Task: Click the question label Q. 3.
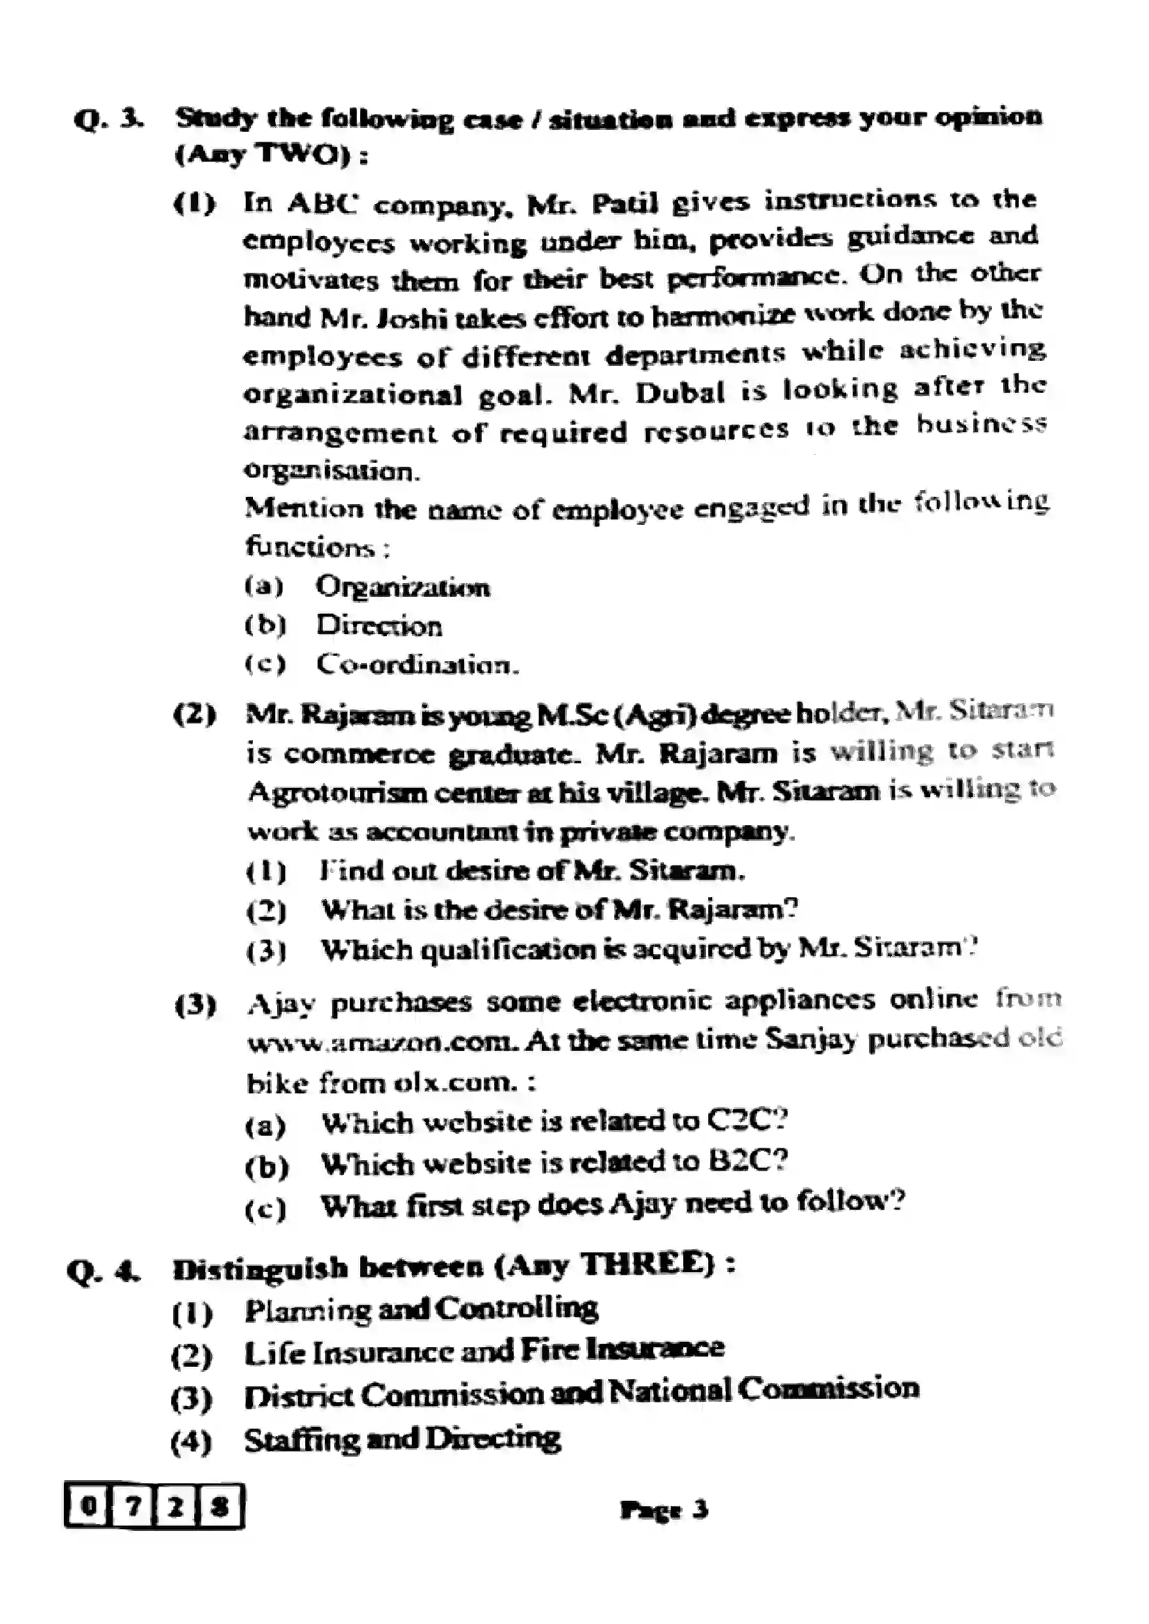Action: tap(108, 119)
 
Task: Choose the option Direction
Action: tap(379, 626)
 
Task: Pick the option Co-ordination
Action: tap(417, 664)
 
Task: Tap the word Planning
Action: tap(308, 1309)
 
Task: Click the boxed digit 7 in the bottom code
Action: tap(131, 1506)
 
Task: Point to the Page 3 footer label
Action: tap(663, 1509)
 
